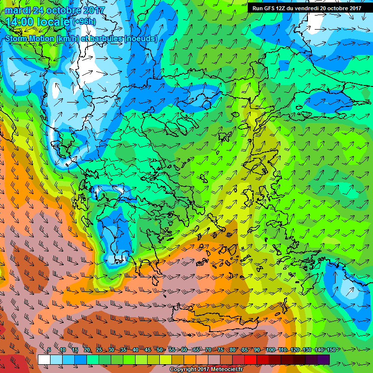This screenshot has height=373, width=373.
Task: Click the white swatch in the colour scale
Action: (x=44, y=359)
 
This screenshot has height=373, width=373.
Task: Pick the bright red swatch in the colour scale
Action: (x=250, y=359)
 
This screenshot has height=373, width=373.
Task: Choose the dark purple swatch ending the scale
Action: (x=323, y=359)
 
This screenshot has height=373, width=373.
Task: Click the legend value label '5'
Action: (x=50, y=350)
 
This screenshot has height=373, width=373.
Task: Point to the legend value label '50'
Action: (x=160, y=350)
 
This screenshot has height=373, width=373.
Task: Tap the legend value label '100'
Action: (x=270, y=350)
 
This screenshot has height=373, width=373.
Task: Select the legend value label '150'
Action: (x=331, y=350)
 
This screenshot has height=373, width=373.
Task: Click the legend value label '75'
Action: (x=220, y=350)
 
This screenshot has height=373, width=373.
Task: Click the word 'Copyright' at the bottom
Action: (x=183, y=370)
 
